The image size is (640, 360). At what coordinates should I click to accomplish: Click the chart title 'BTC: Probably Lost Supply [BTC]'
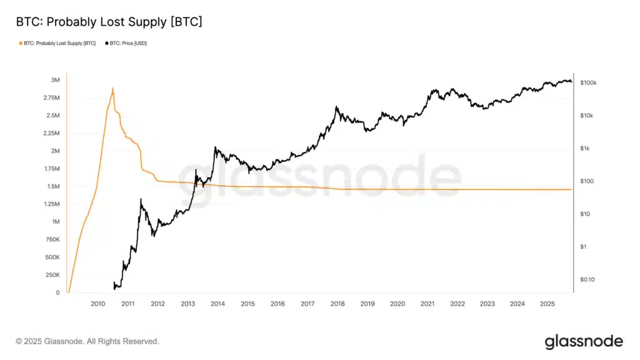[109, 22]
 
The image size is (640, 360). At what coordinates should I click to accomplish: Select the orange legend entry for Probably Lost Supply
[57, 43]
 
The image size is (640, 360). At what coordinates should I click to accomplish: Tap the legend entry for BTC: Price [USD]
[126, 43]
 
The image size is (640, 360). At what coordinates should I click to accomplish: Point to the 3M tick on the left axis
[56, 80]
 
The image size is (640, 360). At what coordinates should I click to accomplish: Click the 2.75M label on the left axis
[52, 98]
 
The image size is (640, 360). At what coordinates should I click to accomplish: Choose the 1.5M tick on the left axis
[54, 186]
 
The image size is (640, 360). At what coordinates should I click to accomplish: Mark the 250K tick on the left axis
[52, 275]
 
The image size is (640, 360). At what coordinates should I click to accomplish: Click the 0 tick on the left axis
[57, 292]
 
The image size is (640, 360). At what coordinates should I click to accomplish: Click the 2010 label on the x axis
[98, 304]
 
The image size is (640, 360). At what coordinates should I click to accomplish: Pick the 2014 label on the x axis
[217, 304]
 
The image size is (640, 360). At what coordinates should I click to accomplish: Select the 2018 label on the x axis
[337, 304]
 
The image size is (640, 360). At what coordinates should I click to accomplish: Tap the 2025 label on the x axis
[547, 304]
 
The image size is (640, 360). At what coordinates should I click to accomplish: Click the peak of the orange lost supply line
[112, 88]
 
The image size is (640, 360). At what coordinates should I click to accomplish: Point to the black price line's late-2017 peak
[336, 106]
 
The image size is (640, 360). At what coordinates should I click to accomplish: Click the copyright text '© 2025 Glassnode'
[87, 341]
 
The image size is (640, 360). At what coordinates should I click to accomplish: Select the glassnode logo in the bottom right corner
[583, 341]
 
